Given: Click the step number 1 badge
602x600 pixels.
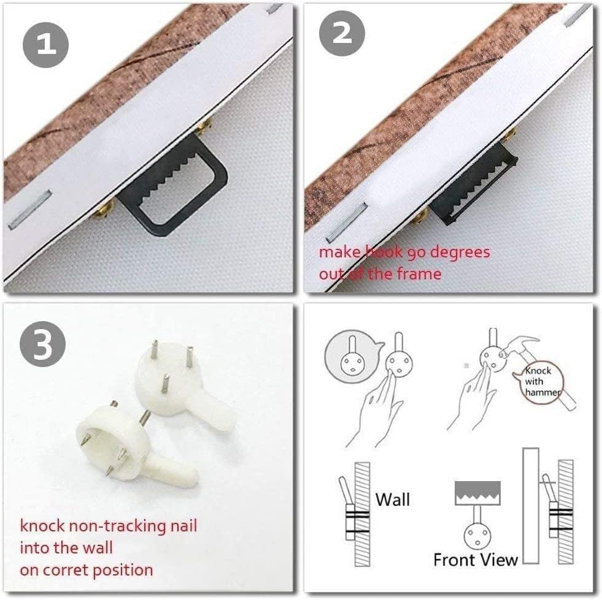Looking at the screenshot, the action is (46, 45).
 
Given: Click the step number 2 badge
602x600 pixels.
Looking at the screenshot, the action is (342, 33).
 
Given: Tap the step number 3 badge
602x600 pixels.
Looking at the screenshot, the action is (42, 344).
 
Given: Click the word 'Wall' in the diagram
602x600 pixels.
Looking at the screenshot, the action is (393, 499).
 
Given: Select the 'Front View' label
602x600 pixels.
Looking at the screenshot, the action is (476, 560).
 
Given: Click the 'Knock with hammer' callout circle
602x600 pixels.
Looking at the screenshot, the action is (542, 381).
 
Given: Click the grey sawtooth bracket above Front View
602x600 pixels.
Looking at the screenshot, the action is (477, 493).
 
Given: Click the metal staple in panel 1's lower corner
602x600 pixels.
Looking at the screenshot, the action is (30, 210).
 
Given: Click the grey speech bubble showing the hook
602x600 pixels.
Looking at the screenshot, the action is (352, 356).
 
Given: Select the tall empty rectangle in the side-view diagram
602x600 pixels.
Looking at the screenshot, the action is (531, 506).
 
